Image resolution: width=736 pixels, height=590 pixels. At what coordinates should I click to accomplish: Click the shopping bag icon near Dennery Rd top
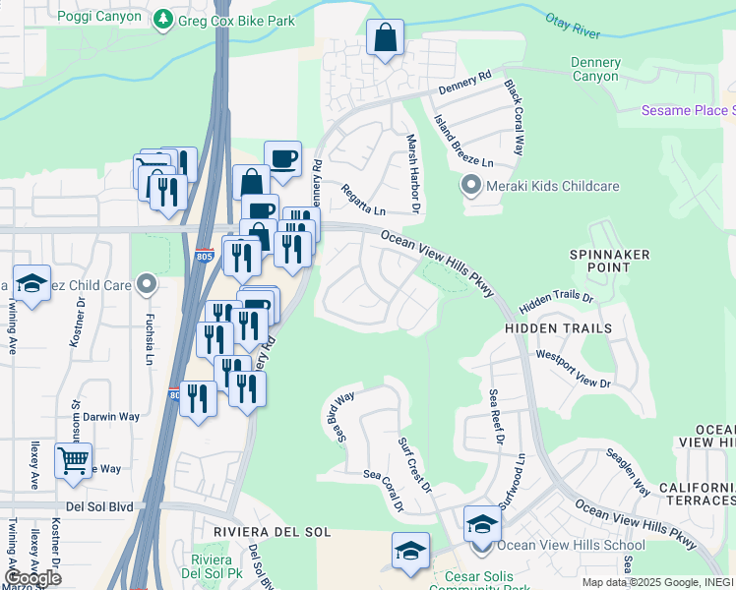(x=385, y=39)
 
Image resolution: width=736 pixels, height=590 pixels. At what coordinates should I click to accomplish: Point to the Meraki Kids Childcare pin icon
(x=470, y=186)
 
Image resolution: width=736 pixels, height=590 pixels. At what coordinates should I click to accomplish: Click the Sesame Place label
(x=687, y=110)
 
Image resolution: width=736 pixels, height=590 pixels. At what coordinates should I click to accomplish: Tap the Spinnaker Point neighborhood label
(x=609, y=261)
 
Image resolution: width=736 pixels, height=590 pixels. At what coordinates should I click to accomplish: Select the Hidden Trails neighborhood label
(x=558, y=327)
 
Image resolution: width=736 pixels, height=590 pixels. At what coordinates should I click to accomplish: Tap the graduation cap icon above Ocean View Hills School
(x=482, y=523)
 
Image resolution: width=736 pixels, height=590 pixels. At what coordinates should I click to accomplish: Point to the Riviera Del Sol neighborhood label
(x=271, y=531)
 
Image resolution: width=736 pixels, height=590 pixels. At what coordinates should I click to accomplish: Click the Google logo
(x=32, y=577)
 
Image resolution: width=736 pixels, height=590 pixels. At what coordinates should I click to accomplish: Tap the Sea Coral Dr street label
(x=385, y=490)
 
